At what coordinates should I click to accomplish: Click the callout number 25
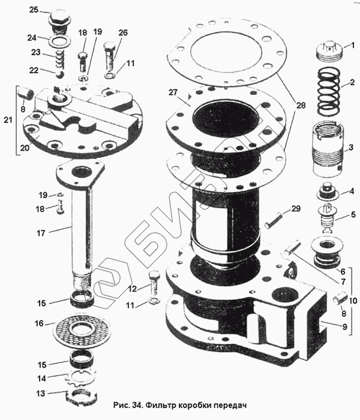coord(34,10)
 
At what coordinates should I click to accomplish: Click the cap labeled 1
coord(328,50)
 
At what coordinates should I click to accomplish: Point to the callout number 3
coord(350,146)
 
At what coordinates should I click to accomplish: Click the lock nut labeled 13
coord(79,397)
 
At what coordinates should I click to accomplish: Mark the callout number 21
coord(7,121)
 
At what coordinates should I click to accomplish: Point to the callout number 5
coord(353,214)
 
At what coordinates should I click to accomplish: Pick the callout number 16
coord(40,323)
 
